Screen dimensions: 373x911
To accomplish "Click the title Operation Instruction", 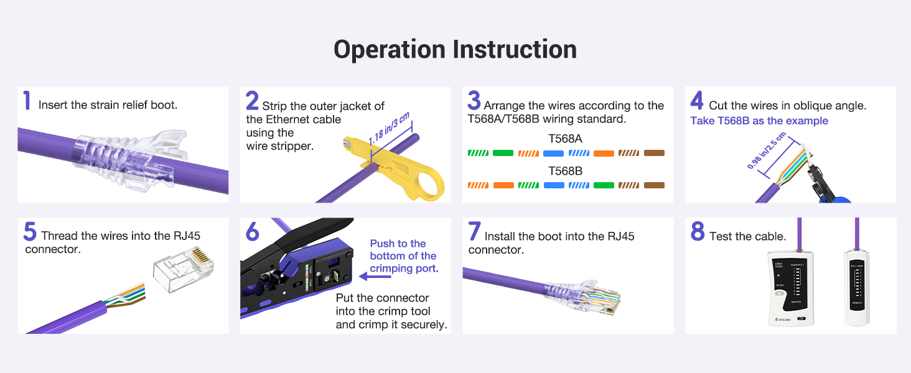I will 455,50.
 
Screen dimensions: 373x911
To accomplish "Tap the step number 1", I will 26,101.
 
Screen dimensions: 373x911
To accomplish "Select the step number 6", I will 252,231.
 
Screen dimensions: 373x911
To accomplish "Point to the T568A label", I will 565,139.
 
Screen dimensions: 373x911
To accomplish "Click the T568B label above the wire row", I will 565,170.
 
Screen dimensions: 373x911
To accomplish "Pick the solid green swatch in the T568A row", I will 503,153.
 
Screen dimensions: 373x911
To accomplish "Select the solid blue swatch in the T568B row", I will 553,185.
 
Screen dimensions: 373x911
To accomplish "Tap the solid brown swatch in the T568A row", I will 654,153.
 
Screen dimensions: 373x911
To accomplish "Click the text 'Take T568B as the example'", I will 759,121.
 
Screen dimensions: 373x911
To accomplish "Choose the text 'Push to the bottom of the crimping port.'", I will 403,256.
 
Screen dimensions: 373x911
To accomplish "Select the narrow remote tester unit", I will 856,286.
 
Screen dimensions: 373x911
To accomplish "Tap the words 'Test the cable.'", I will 747,236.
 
